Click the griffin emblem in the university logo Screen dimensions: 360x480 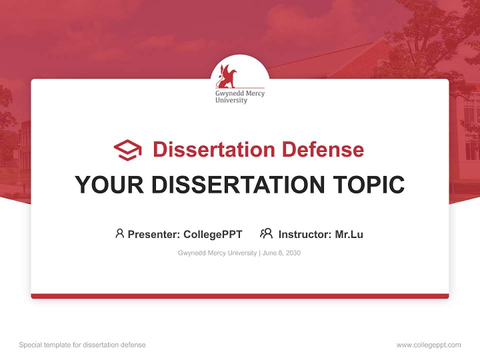tap(225, 76)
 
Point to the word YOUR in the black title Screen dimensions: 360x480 tap(109, 185)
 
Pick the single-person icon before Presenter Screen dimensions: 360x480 tap(119, 233)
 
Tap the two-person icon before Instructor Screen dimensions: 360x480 tap(266, 233)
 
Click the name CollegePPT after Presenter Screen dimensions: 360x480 tap(213, 234)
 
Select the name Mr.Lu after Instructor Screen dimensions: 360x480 tap(349, 234)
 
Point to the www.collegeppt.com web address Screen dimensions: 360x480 tap(428, 345)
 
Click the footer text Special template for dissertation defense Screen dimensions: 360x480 tap(82, 345)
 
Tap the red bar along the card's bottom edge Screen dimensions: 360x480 tap(240, 296)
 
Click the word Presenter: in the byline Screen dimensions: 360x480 tap(154, 234)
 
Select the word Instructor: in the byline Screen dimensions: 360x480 tap(305, 234)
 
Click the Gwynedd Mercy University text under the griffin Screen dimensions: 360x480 tap(239, 96)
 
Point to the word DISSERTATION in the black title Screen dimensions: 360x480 tap(238, 185)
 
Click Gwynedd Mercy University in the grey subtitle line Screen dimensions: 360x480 tap(217, 253)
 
